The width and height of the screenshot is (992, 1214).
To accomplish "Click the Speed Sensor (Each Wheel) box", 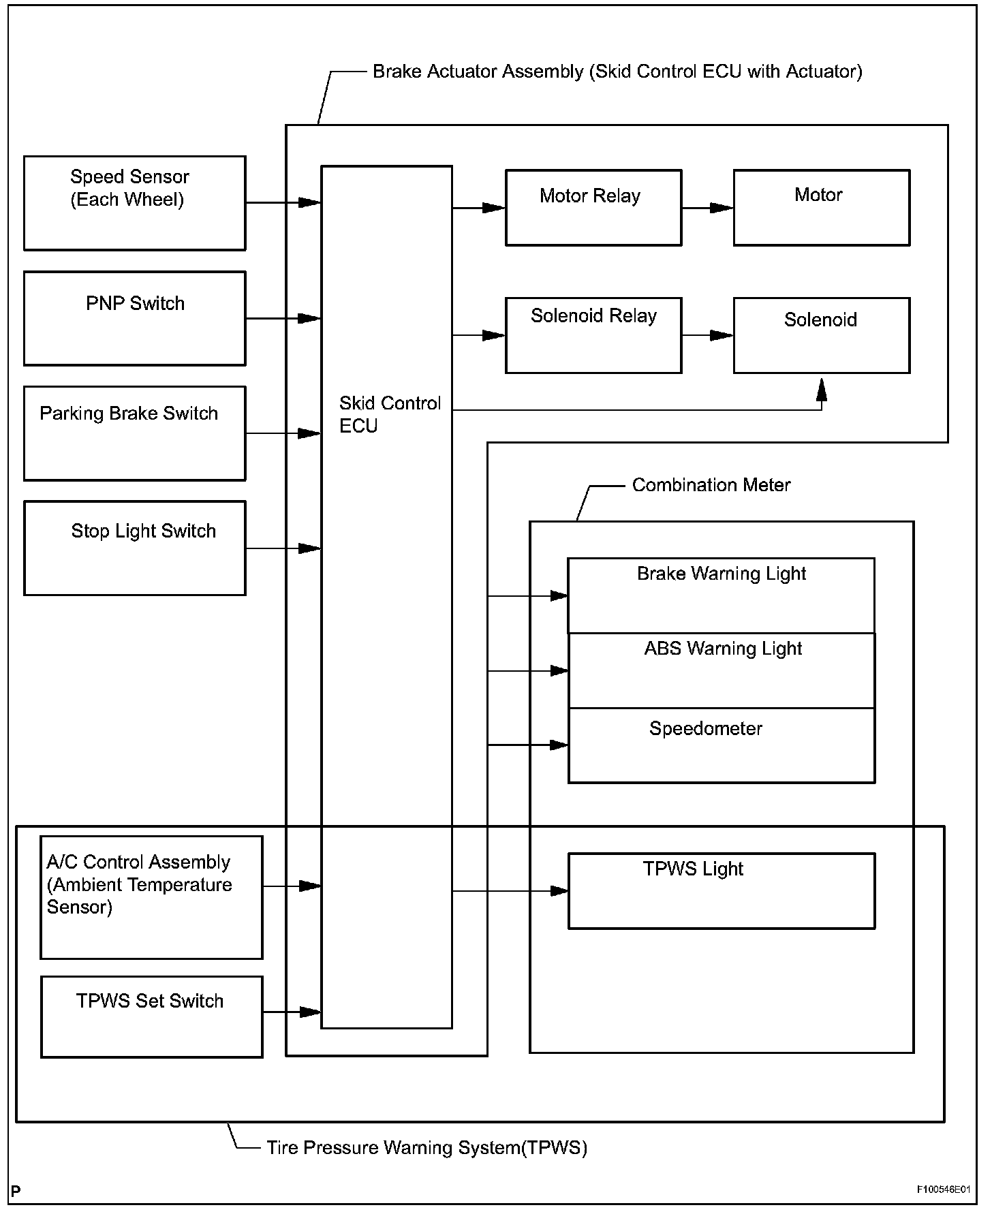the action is click(135, 203).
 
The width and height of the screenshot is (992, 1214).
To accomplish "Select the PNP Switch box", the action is click(135, 318).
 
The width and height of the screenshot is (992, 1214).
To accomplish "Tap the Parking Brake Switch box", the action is click(135, 433).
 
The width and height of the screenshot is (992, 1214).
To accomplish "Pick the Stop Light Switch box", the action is click(135, 548).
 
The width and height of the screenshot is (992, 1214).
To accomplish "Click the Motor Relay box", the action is click(593, 208).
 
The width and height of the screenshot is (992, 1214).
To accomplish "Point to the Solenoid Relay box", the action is click(593, 335).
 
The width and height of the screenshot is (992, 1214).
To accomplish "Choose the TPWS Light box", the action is click(722, 891).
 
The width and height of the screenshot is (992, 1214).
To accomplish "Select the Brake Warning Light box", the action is click(722, 596).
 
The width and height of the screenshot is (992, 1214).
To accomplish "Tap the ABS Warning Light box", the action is click(722, 671).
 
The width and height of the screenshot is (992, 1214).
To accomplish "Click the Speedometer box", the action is click(722, 745).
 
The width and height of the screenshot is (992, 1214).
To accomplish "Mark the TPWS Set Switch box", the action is click(152, 1016).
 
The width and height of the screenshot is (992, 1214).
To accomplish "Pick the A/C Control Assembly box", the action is click(152, 897).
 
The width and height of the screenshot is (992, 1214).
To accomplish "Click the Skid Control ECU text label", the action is click(390, 414).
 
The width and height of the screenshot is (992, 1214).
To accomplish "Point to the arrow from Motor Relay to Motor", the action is click(708, 208).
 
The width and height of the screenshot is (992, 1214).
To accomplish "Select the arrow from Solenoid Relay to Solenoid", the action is click(708, 335).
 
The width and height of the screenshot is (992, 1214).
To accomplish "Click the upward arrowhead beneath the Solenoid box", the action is click(822, 389).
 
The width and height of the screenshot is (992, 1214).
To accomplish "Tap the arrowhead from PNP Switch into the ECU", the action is click(310, 318).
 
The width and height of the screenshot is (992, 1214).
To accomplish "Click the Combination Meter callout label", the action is click(711, 485).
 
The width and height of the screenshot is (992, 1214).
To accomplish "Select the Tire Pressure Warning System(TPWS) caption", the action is click(427, 1148).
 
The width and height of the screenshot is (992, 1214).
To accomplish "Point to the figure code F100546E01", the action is click(943, 1189).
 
